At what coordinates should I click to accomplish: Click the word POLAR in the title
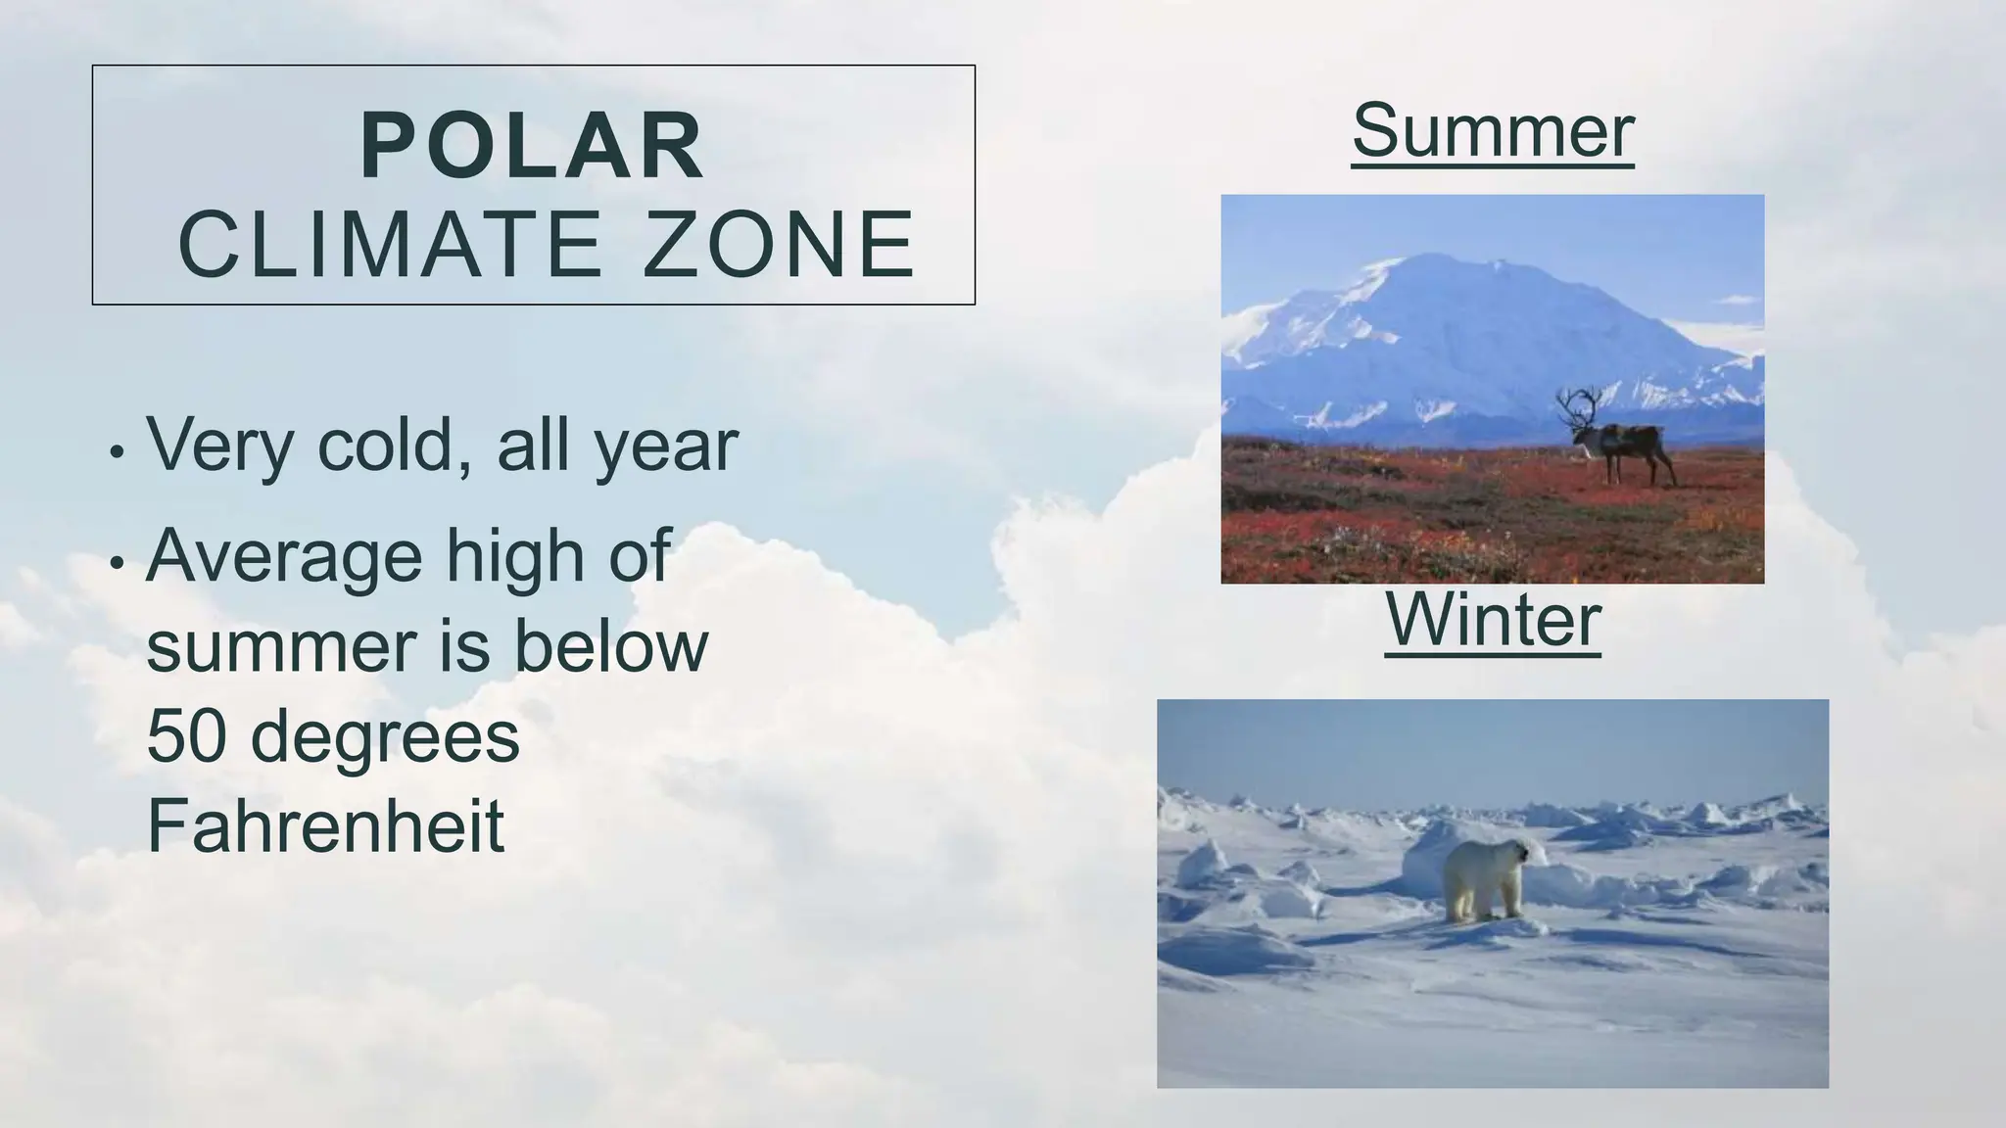[x=532, y=147]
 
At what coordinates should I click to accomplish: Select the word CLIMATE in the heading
[x=391, y=244]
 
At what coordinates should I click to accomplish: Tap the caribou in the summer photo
[x=1621, y=446]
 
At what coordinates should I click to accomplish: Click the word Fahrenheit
[x=325, y=826]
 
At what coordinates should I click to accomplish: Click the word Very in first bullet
[x=219, y=446]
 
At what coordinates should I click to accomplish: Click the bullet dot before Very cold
[x=117, y=453]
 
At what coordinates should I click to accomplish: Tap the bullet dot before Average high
[x=117, y=563]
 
